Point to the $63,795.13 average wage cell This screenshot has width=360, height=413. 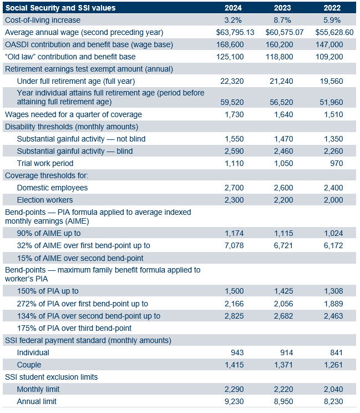click(x=235, y=32)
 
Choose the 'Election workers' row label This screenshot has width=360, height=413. click(x=45, y=200)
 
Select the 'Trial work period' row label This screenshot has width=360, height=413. click(x=45, y=163)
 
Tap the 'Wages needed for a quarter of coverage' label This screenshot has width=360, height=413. click(x=73, y=114)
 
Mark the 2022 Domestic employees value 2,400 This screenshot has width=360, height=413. click(x=333, y=188)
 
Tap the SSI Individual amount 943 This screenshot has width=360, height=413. click(x=236, y=352)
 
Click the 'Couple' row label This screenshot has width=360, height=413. click(x=29, y=365)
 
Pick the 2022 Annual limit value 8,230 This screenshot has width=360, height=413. click(x=333, y=401)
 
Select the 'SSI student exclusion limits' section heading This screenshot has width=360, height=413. click(x=51, y=377)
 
